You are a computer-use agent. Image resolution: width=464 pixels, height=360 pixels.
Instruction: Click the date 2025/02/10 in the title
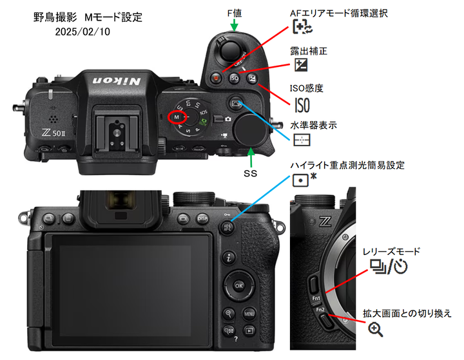coord(82,30)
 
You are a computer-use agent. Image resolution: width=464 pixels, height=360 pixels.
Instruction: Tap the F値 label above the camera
coord(237,11)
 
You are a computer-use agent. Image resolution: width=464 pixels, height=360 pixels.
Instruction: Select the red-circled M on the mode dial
coord(176,117)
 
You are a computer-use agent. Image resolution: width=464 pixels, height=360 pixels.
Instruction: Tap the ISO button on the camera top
coord(235,79)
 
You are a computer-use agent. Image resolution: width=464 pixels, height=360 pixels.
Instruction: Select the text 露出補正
coord(311,50)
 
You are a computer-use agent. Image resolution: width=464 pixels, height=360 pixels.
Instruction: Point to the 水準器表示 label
coord(314,124)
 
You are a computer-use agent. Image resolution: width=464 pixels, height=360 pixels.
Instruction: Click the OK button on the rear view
coord(239,285)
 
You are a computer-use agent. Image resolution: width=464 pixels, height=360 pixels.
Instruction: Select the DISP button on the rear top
coord(202,217)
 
